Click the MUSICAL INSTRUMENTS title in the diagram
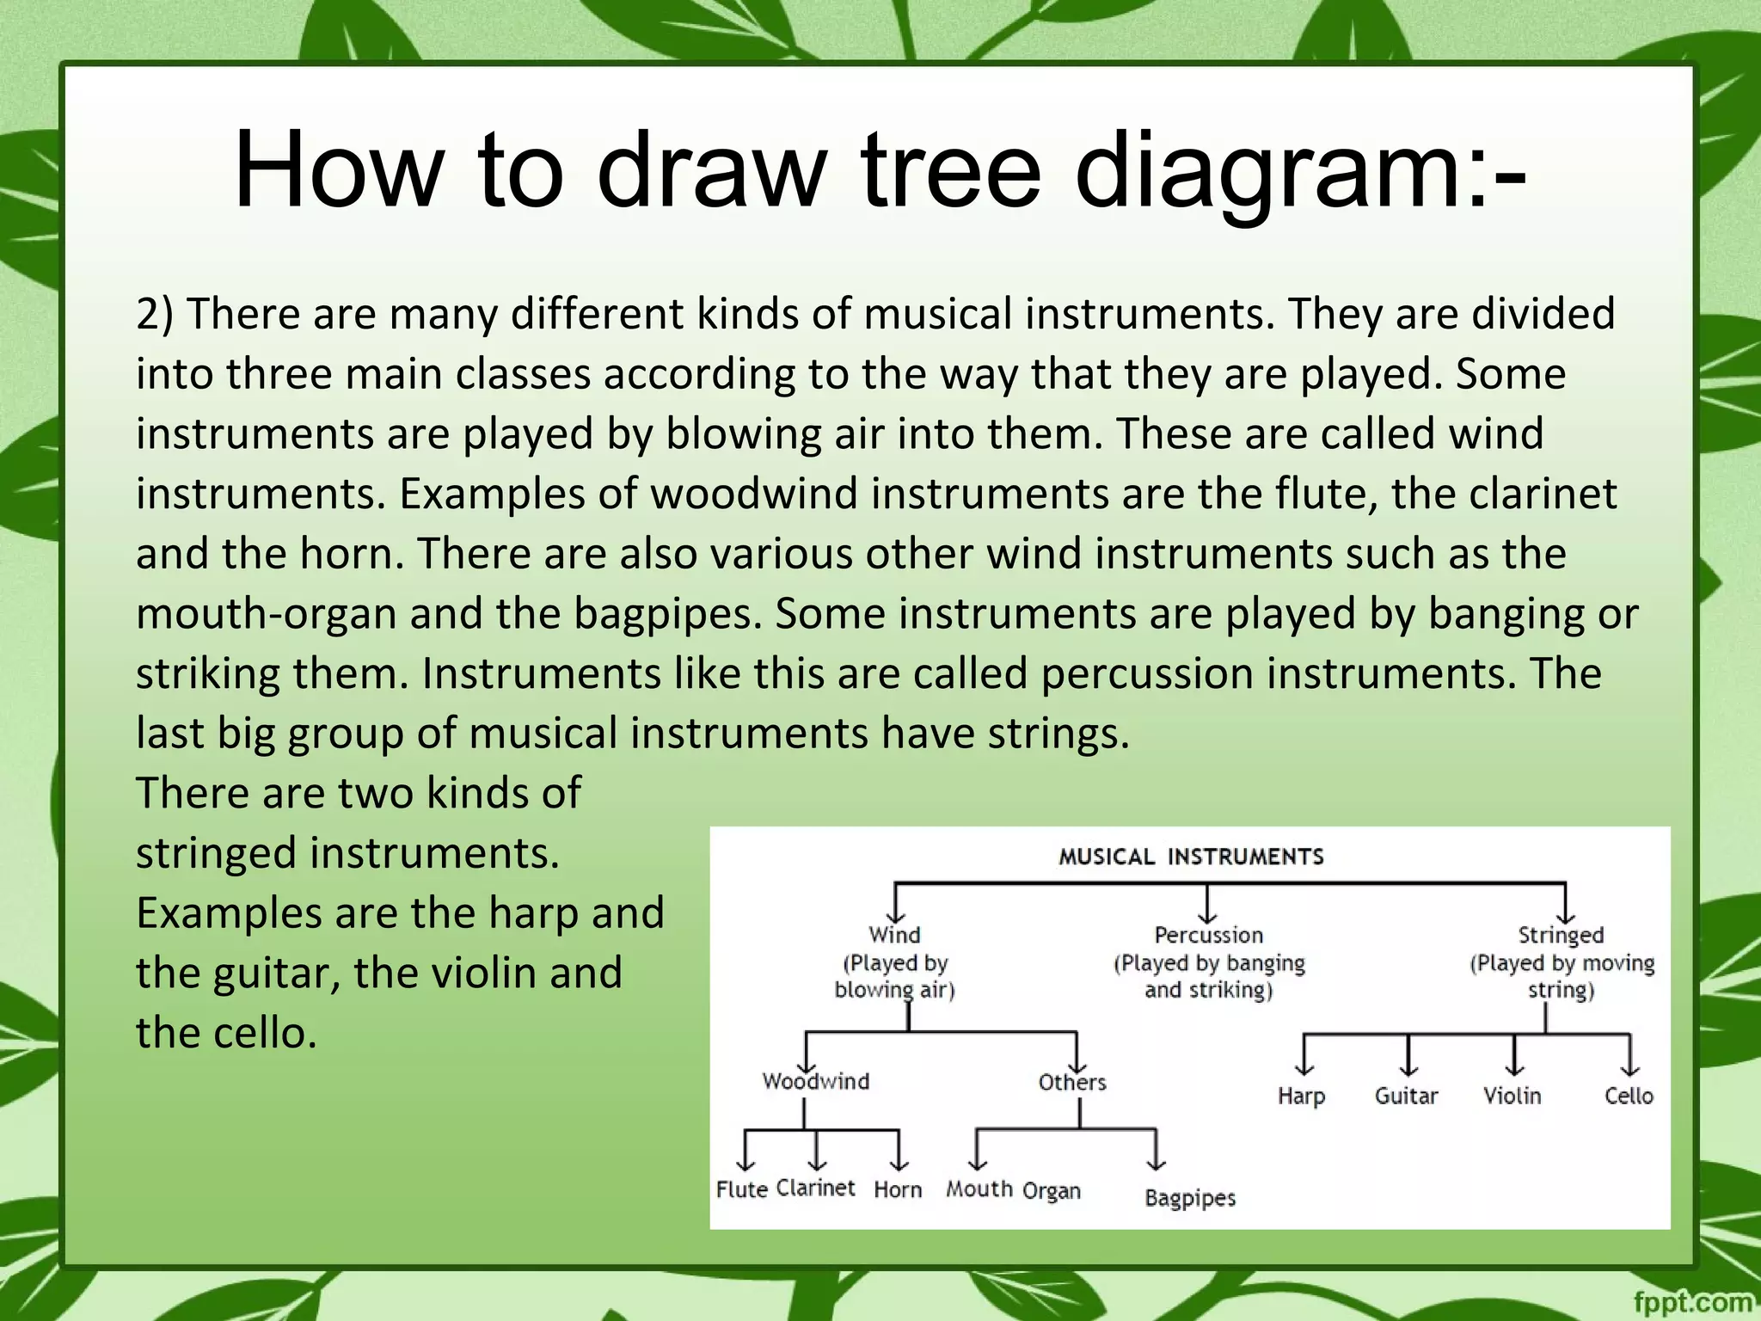pos(1191,857)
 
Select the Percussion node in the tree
pos(1208,935)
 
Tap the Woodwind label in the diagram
pos(815,1081)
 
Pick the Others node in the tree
pos(1071,1082)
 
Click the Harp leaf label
pos(1301,1097)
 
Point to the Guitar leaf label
pos(1406,1097)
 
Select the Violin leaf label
pos(1512,1096)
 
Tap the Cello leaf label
pos(1629,1096)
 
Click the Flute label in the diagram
pos(741,1189)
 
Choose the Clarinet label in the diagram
pos(815,1188)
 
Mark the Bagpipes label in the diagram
pos(1190,1198)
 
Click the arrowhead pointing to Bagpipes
pos(1157,1164)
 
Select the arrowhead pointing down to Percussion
pos(1208,917)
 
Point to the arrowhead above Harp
pos(1304,1069)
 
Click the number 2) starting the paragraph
pos(155,314)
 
